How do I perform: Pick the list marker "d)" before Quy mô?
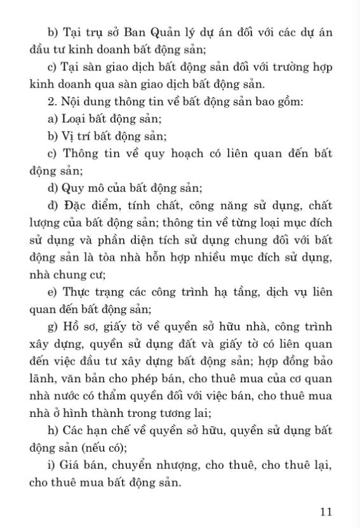pos(53,187)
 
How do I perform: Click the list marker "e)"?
pos(53,291)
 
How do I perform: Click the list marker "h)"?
pos(53,432)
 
